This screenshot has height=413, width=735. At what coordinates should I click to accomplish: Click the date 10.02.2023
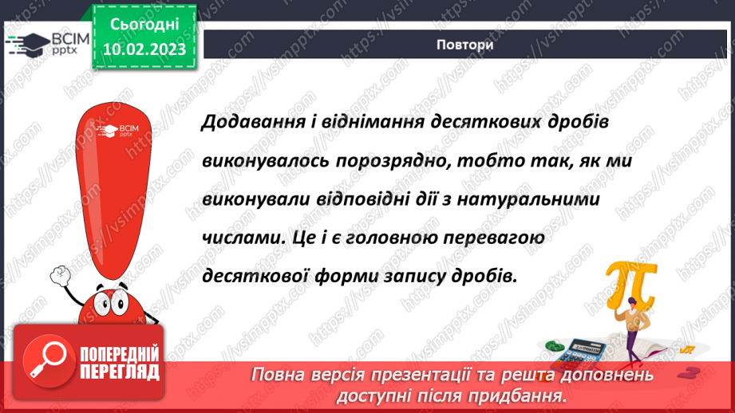point(144,48)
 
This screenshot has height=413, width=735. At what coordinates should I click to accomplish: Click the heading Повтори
point(464,45)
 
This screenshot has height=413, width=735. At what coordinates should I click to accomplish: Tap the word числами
point(235,238)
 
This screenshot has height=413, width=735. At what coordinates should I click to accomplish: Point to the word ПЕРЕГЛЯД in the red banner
point(120,371)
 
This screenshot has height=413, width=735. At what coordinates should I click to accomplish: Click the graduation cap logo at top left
point(23,41)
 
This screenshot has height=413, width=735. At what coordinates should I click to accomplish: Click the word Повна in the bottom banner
point(276,374)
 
